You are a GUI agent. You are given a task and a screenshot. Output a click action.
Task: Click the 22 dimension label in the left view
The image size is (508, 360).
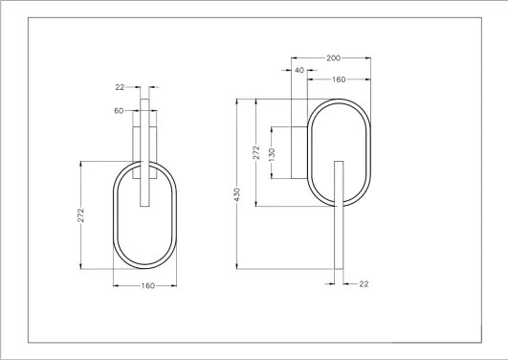(121, 87)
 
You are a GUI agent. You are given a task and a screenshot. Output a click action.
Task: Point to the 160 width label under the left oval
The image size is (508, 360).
(147, 285)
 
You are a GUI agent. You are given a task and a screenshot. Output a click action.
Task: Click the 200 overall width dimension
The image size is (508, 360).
(334, 58)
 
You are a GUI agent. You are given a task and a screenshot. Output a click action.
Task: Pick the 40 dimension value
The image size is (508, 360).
(300, 70)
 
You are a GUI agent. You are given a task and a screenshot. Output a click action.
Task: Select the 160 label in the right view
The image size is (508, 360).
(339, 79)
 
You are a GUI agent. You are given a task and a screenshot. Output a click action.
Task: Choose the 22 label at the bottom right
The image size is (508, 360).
(363, 283)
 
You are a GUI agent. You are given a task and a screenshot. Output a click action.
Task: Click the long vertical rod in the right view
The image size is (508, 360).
(338, 230)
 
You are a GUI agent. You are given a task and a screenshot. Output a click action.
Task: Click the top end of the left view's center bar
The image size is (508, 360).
(145, 98)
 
